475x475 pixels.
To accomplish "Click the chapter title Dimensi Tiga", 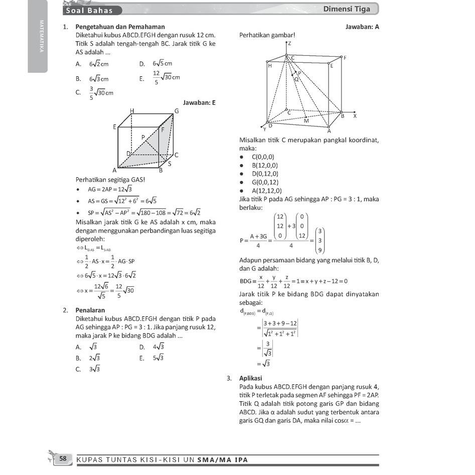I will pos(347,9).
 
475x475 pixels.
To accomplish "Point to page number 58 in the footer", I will pos(63,458).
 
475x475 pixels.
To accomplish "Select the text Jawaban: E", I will pos(199,102).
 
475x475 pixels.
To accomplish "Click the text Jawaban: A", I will pos(362,27).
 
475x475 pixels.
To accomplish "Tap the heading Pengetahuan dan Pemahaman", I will pos(120,27).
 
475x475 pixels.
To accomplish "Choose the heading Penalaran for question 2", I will pos(90,310).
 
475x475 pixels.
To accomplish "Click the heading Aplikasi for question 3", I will pos(251,378).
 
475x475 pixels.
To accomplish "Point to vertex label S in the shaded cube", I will pos(169,164).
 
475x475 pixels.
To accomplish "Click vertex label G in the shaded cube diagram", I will pos(177,111).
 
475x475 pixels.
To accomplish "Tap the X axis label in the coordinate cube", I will pos(355,116).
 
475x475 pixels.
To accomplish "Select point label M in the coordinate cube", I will pos(306,121).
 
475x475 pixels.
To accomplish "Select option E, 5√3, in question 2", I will pos(158,358).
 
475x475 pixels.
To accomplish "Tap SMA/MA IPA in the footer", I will pos(222,459).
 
